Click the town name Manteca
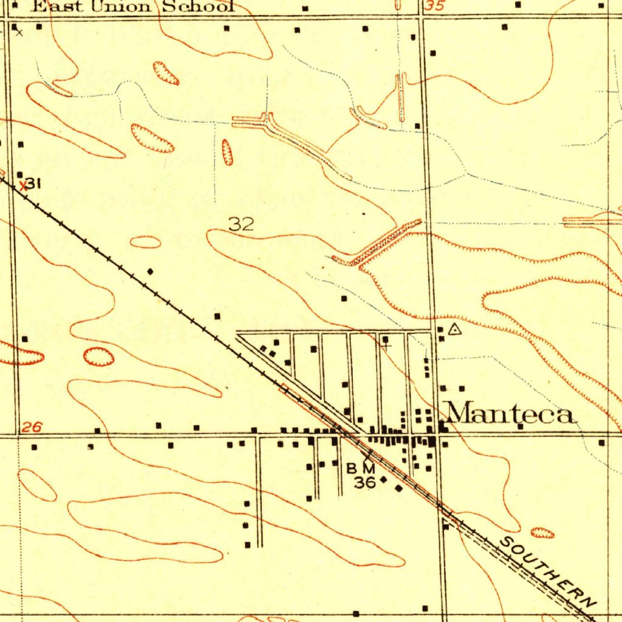[510, 414]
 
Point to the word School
[197, 7]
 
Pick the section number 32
[241, 224]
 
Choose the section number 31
[33, 183]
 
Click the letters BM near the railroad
[361, 468]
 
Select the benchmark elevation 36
[364, 483]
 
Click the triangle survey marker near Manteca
[455, 330]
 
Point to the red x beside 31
[23, 186]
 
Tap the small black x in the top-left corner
[19, 33]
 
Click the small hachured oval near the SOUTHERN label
[542, 533]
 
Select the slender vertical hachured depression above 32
[227, 152]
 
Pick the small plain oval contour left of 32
[146, 242]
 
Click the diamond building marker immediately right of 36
[383, 480]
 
